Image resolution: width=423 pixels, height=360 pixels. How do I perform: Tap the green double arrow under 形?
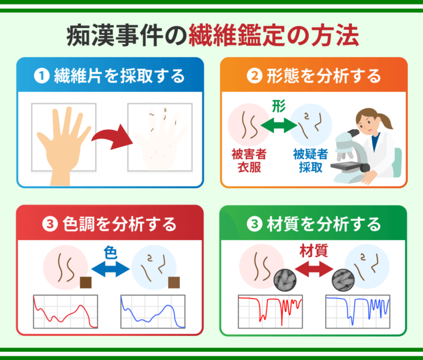[279, 125]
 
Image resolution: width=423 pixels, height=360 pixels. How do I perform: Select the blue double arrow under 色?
[111, 269]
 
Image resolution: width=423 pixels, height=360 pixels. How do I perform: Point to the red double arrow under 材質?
[314, 269]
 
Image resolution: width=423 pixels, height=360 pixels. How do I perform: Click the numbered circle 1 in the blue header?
[42, 76]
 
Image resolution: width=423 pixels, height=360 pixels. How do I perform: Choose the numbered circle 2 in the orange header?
[254, 76]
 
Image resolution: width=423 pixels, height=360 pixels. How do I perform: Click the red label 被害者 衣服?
[249, 160]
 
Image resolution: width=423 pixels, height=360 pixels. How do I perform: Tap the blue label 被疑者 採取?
[310, 160]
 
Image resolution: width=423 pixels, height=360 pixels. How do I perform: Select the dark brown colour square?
[85, 283]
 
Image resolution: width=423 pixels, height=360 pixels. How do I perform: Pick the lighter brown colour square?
[174, 283]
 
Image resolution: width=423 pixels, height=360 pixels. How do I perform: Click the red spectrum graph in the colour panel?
[65, 312]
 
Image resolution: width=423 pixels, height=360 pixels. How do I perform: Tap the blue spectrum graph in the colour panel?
[153, 312]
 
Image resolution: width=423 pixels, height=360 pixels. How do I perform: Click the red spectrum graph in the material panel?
[270, 312]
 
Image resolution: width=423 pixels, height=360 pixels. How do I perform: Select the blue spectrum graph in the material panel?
[358, 312]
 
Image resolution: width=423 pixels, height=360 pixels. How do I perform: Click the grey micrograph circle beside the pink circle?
[285, 280]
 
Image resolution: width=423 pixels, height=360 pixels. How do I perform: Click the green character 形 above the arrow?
[279, 106]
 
